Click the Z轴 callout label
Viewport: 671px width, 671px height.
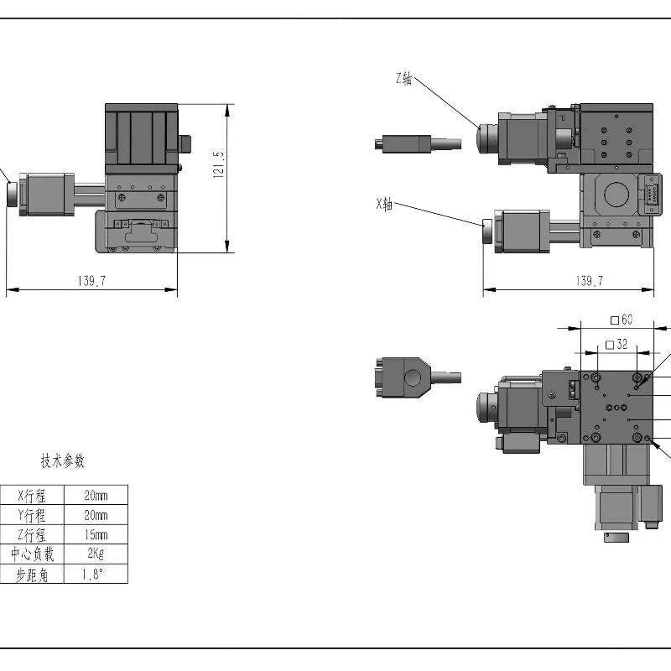pos(403,80)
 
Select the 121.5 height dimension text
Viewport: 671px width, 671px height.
pos(219,166)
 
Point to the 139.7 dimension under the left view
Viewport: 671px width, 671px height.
pos(92,282)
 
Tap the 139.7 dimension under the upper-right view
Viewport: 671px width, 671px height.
pos(590,282)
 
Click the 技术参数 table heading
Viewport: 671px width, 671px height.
pos(63,461)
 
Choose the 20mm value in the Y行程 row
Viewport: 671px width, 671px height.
pos(96,515)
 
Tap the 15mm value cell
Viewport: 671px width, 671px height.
pos(96,535)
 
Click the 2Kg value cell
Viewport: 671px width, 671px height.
pos(96,554)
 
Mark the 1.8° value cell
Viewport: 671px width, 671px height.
pos(96,575)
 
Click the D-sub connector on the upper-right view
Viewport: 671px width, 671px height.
pos(651,195)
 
